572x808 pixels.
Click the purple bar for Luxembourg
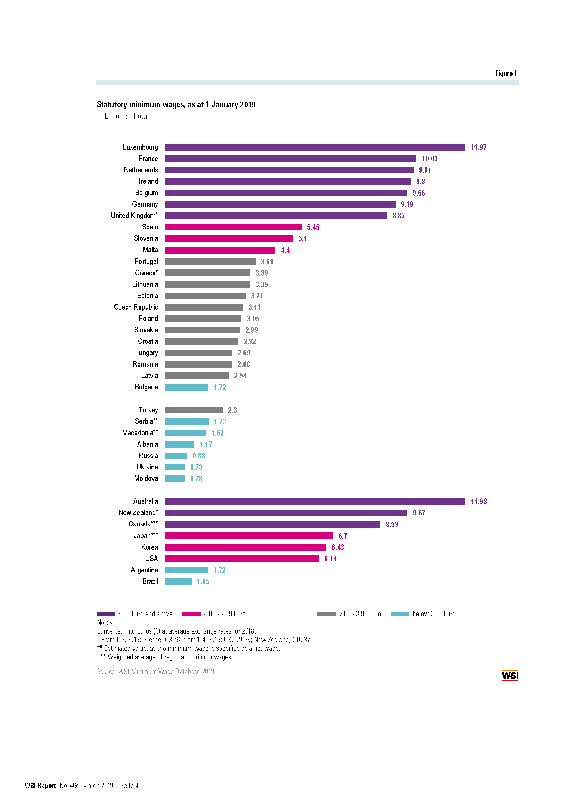point(314,147)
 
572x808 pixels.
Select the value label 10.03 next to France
point(430,159)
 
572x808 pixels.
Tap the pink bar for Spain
point(233,227)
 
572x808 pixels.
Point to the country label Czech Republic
point(136,307)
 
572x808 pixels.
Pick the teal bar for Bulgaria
point(186,387)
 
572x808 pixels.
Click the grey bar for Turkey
point(193,410)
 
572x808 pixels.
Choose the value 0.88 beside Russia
point(199,456)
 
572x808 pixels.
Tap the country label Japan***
point(146,536)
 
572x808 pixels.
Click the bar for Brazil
point(178,581)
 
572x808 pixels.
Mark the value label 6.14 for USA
point(330,559)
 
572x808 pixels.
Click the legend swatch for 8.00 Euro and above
point(106,614)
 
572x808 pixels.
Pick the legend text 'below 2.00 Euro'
point(434,614)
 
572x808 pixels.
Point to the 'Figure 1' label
point(506,73)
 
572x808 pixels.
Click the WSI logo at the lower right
point(510,675)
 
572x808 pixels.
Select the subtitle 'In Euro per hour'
point(122,116)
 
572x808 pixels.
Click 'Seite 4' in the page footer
point(129,786)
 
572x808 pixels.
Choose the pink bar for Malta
point(220,250)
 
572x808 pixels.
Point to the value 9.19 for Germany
point(407,205)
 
